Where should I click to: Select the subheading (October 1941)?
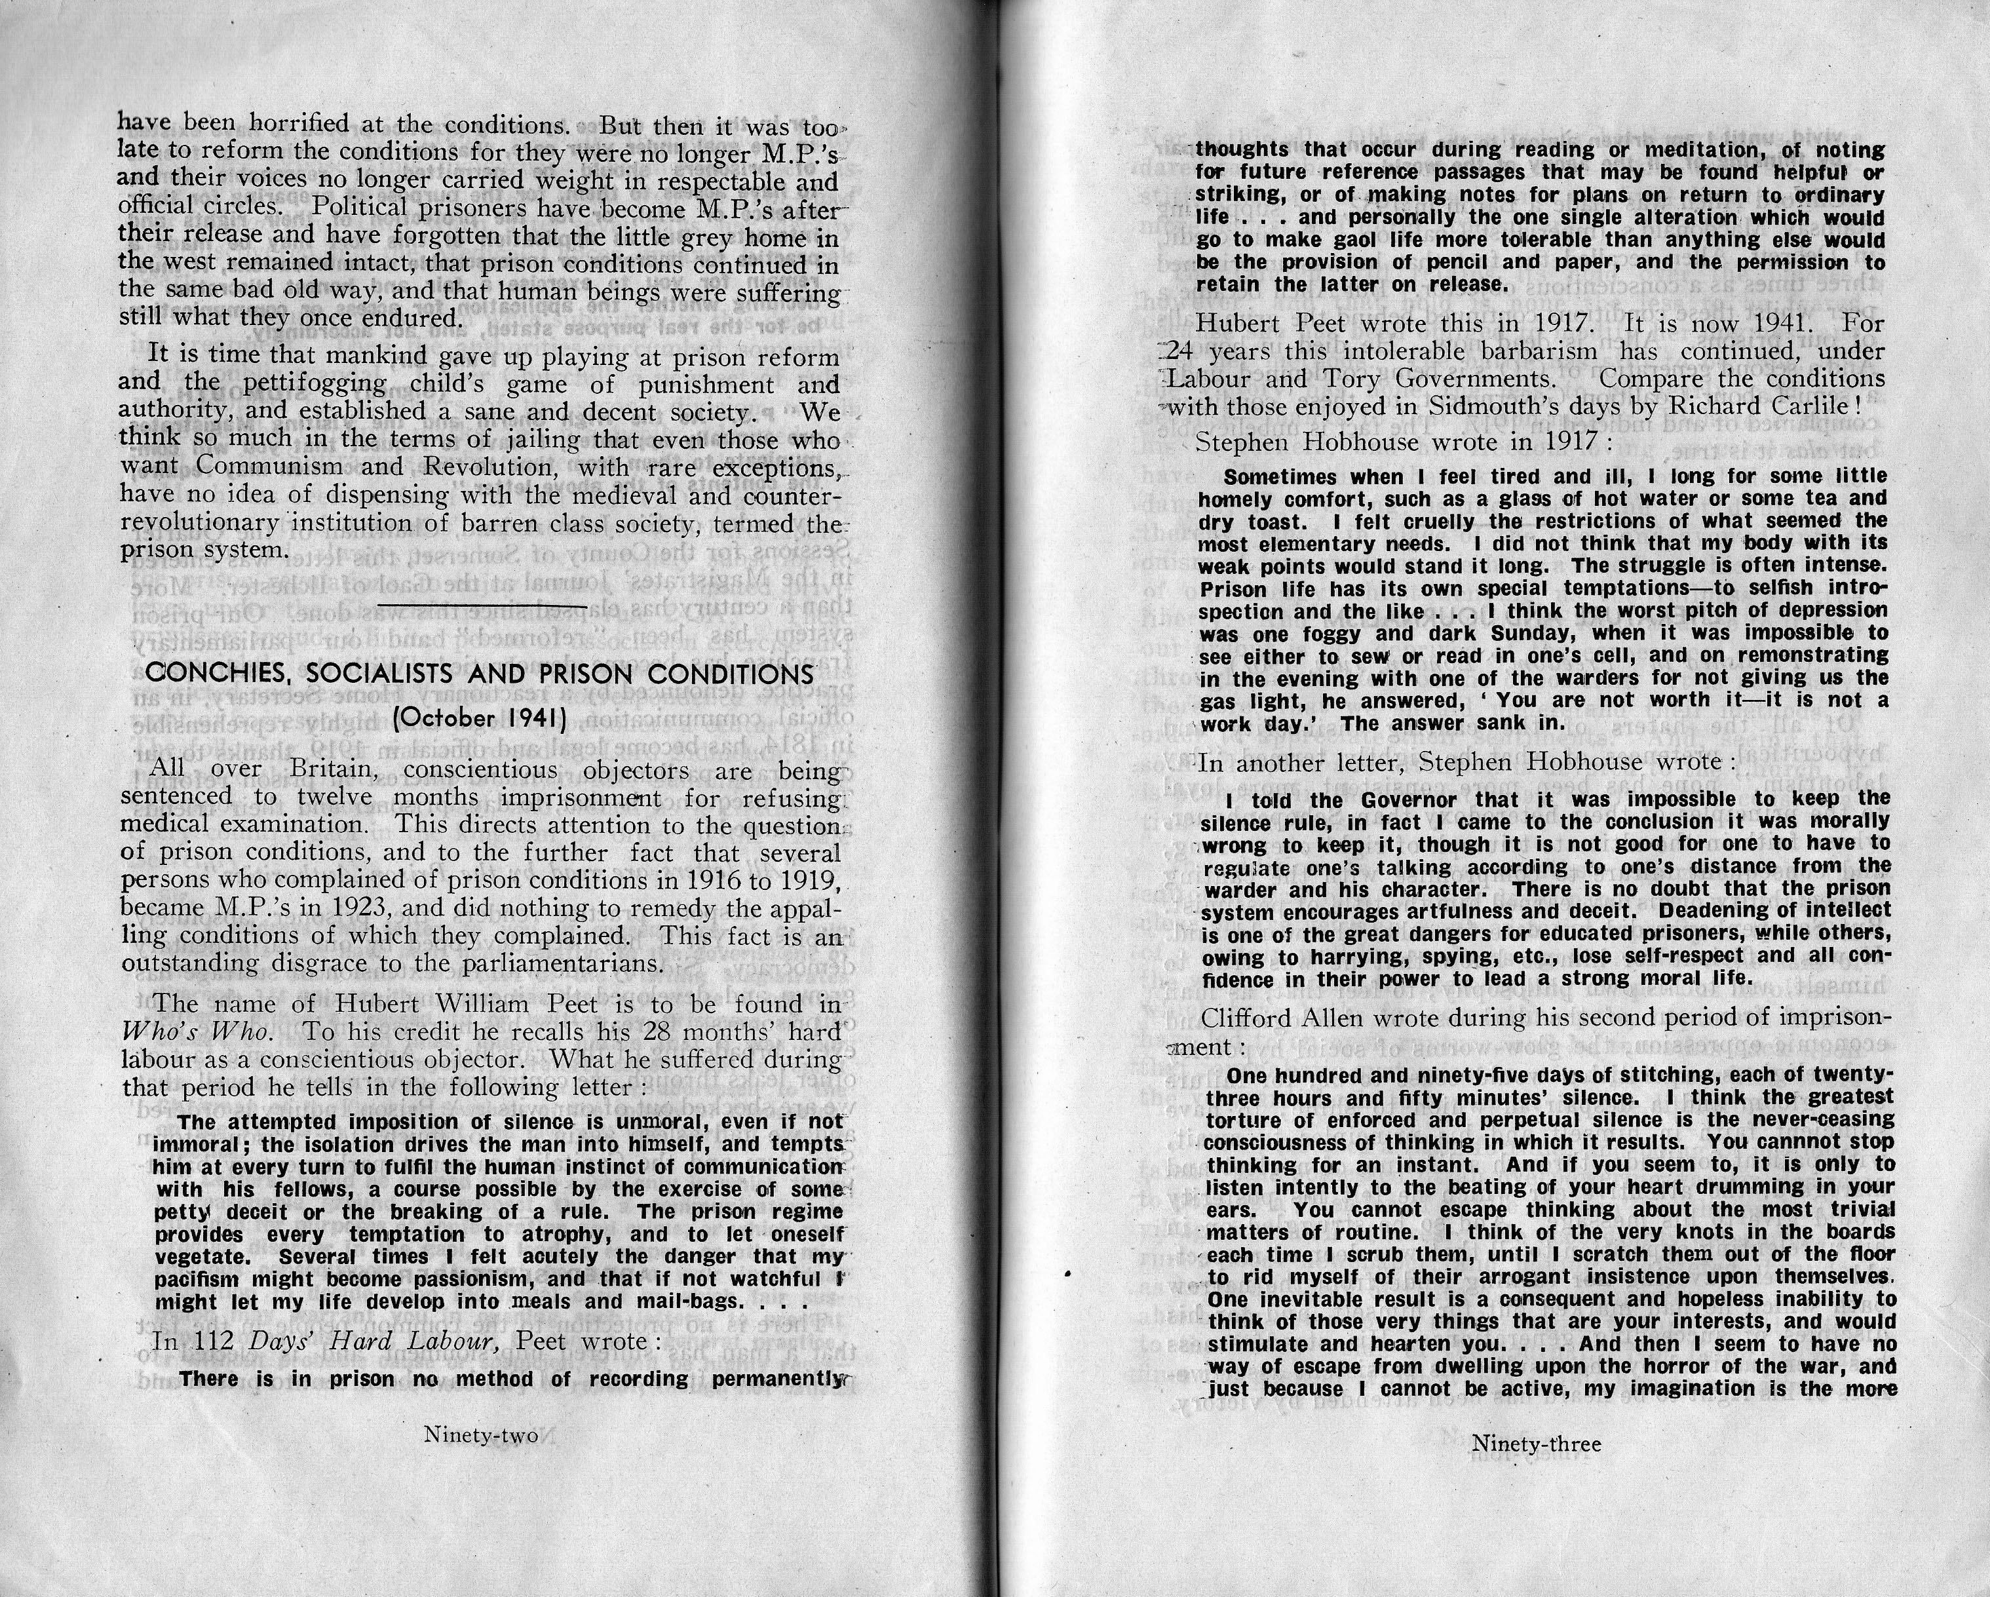tap(479, 718)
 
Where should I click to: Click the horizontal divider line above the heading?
tap(481, 606)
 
